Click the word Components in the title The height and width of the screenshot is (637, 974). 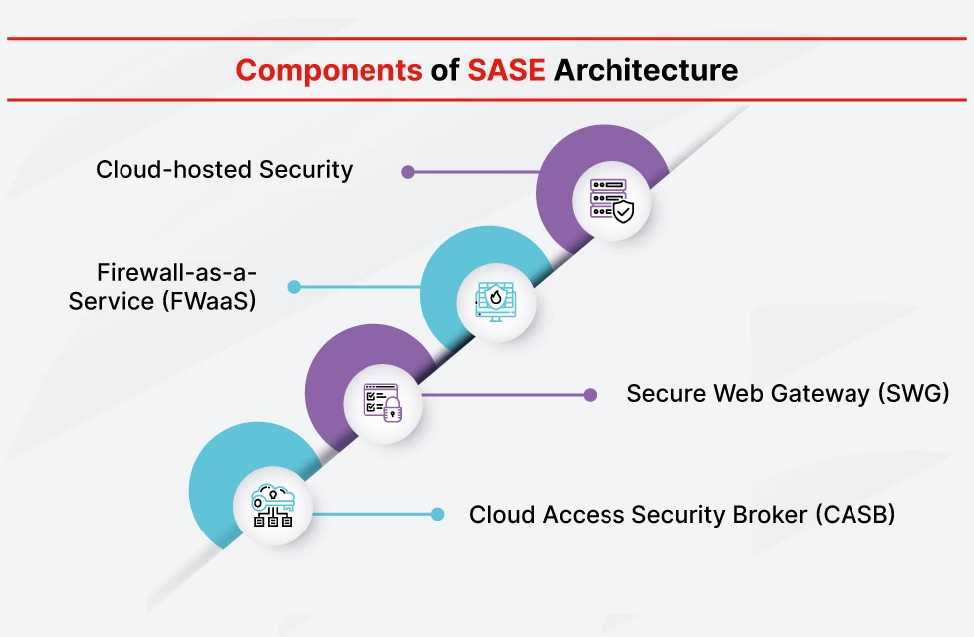tap(329, 70)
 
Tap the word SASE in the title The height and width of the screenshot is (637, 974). tap(506, 70)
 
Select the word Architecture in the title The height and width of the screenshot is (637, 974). tap(645, 70)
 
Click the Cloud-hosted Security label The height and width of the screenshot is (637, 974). tap(224, 170)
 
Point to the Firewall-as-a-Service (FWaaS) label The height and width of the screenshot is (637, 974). tap(162, 286)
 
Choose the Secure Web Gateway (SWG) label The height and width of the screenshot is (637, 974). tap(787, 394)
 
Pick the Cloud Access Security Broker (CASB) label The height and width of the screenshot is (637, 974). tap(682, 515)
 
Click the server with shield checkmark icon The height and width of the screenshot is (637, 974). tap(611, 200)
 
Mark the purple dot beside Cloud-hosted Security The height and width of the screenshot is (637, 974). tap(408, 172)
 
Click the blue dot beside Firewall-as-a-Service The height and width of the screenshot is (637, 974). tap(294, 287)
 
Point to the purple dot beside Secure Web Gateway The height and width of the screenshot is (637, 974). tap(590, 395)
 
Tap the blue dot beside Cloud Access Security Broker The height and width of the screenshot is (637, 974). tap(437, 515)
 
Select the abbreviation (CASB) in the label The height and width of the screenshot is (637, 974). tap(854, 515)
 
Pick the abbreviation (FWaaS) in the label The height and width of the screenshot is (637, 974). tap(207, 300)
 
